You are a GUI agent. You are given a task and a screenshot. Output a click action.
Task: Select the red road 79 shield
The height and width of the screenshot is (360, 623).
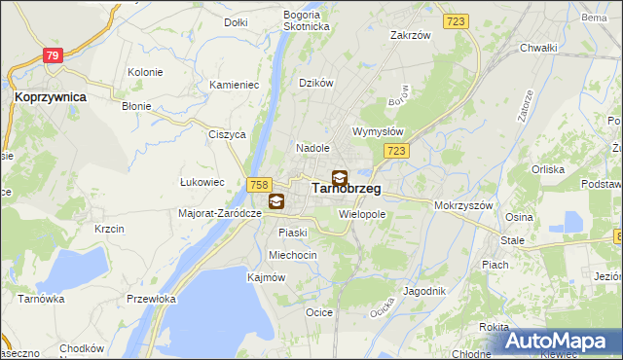(53, 56)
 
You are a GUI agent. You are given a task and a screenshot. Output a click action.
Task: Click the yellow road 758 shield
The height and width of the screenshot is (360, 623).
(259, 185)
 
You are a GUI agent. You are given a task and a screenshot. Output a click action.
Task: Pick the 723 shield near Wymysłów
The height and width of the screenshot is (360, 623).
(395, 151)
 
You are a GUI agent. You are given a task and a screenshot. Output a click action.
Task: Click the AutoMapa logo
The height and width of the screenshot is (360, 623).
(562, 342)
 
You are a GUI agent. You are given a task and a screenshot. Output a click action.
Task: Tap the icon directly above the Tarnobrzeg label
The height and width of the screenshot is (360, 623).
(339, 178)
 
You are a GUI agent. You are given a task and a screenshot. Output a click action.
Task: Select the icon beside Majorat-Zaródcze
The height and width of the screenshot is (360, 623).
(276, 201)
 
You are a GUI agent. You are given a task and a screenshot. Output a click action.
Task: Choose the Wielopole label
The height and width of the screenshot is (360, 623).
(362, 213)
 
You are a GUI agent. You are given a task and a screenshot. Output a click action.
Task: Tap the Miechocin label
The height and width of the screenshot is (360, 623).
(292, 255)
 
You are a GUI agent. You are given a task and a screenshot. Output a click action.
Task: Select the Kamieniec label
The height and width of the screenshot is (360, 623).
(234, 86)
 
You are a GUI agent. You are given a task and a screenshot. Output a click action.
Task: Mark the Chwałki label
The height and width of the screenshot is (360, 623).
(537, 48)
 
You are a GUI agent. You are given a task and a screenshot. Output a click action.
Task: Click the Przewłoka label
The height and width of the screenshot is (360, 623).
(151, 300)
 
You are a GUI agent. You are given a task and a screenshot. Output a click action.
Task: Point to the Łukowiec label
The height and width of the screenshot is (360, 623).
(202, 182)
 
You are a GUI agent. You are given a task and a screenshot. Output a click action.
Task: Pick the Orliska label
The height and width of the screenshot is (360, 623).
(548, 168)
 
